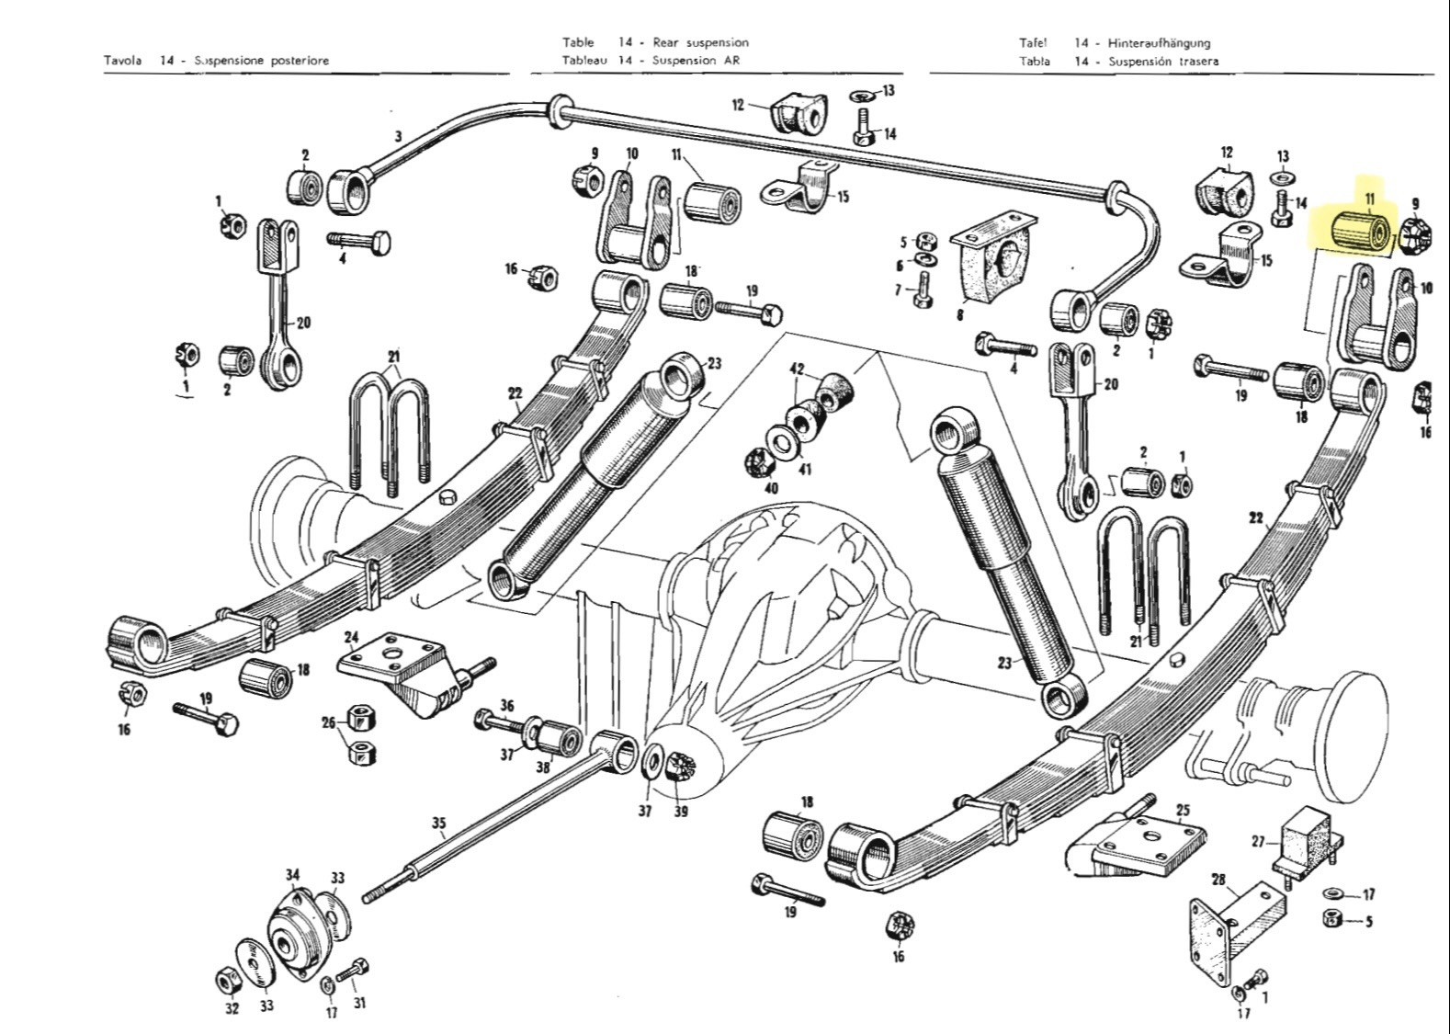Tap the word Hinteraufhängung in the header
1159,43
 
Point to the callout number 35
439,823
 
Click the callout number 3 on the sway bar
399,136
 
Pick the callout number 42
797,369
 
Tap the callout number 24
352,638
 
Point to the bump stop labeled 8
992,263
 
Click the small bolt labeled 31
353,972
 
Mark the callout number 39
681,812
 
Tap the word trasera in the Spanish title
1197,62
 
